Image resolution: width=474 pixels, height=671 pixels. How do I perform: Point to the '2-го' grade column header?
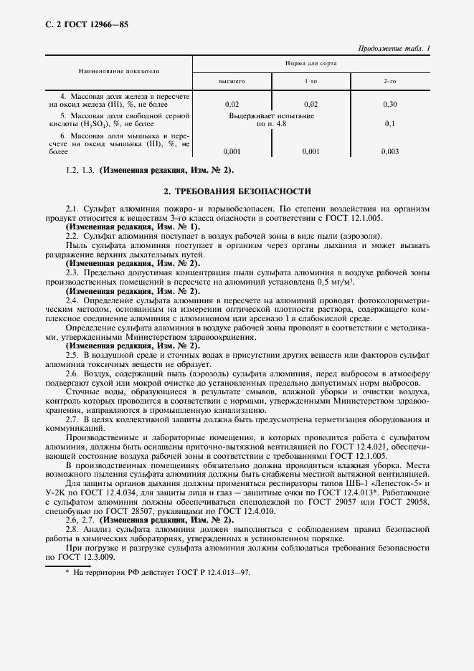click(390, 82)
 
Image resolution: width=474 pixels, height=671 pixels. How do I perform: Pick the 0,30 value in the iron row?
click(390, 104)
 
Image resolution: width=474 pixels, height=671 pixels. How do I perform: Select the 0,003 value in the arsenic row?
click(390, 151)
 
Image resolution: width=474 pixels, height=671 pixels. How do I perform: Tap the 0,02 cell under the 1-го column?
click(311, 104)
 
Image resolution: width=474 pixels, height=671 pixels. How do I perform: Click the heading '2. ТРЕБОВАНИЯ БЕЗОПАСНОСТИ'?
click(237, 191)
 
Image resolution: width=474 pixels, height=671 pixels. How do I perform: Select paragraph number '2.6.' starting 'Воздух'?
click(72, 373)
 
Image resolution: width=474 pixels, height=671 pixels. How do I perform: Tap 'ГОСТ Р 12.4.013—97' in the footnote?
click(214, 573)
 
